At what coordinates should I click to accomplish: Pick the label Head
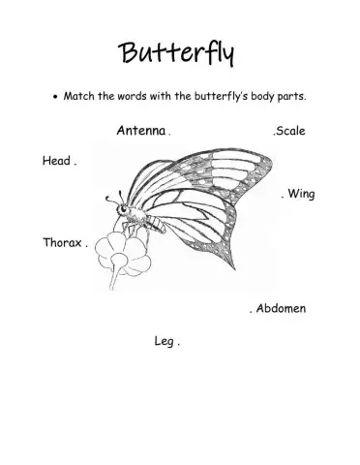[x=56, y=161]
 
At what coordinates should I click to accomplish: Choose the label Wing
[x=301, y=194]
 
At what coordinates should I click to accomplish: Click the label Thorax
[x=62, y=242]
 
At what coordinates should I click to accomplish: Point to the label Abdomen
[x=282, y=309]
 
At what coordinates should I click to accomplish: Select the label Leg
[x=163, y=340]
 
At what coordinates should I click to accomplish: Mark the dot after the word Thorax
[x=86, y=244]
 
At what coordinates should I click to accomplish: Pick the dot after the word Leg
[x=179, y=342]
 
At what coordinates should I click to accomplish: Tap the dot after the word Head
[x=75, y=163]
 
